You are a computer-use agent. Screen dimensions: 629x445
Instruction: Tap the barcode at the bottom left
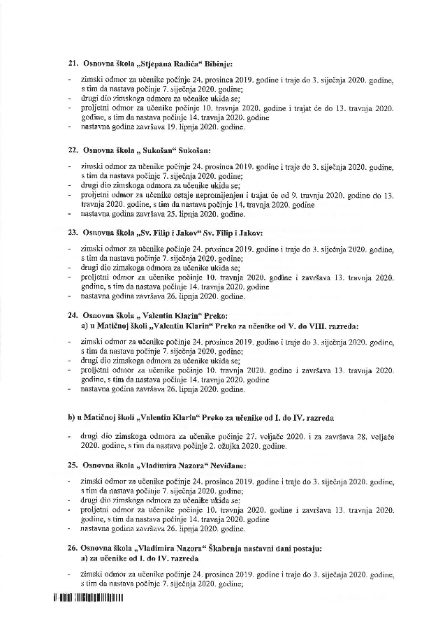87,598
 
